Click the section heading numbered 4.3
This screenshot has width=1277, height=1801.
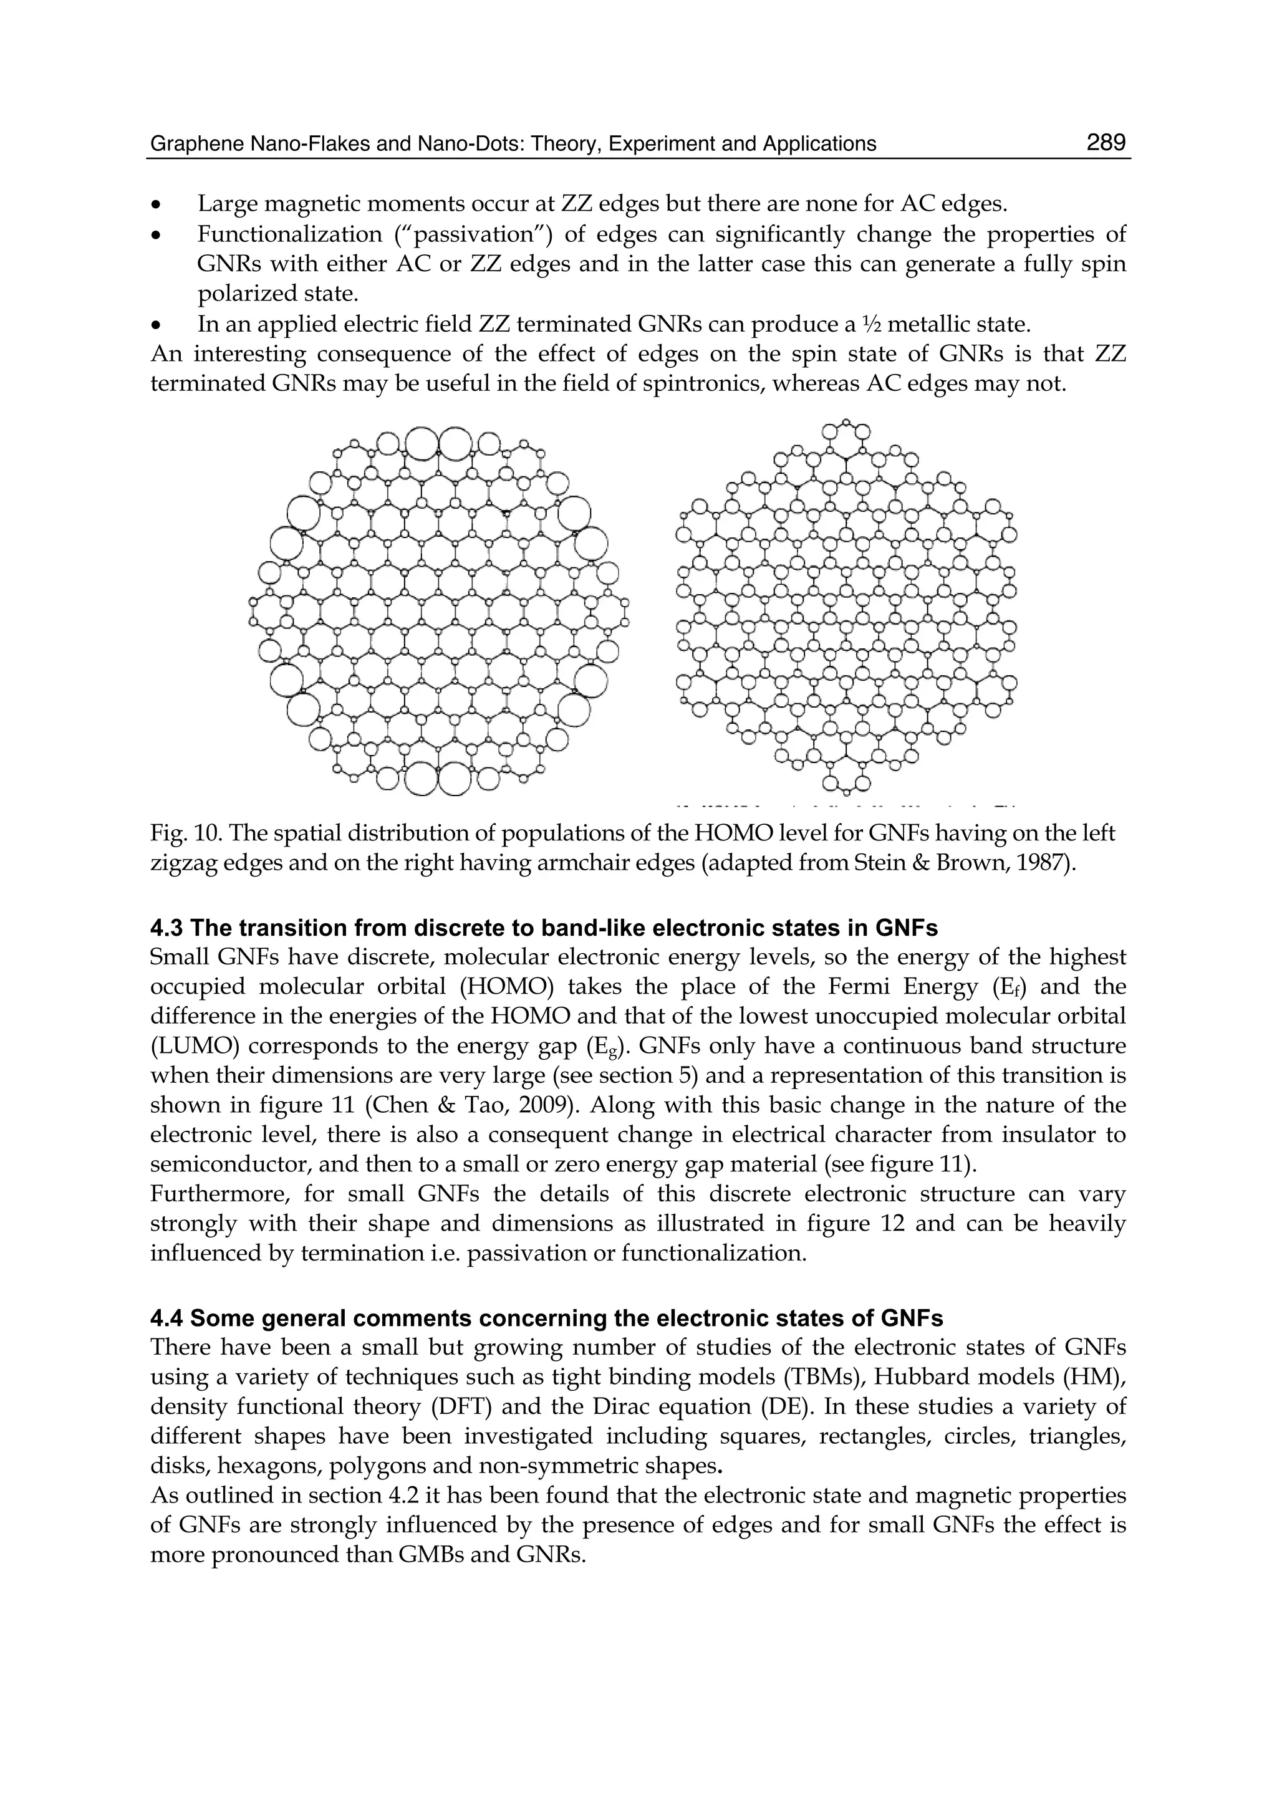click(543, 928)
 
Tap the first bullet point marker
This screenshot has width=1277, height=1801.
click(157, 205)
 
